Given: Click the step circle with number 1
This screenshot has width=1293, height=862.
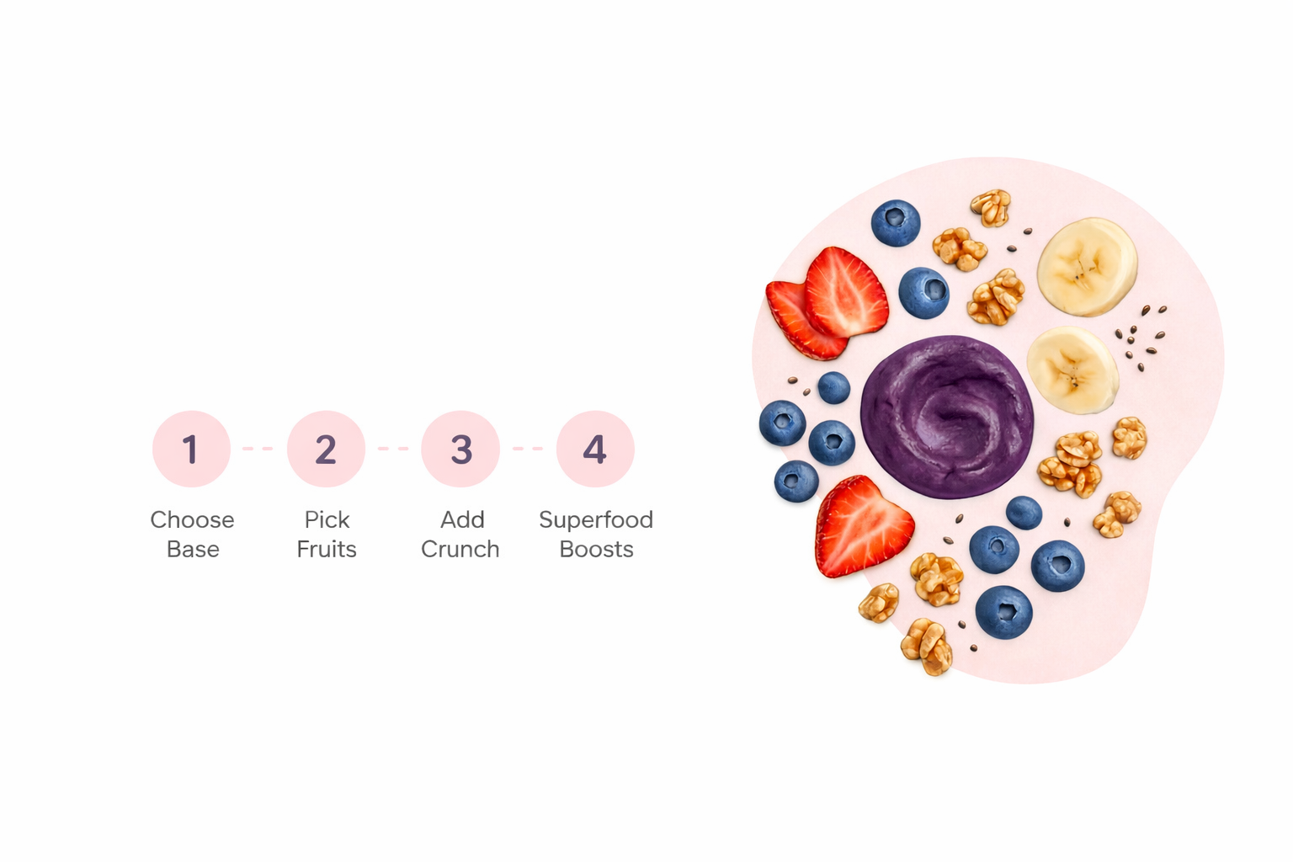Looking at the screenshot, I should tap(191, 449).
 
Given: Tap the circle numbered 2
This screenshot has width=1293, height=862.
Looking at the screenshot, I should tap(326, 449).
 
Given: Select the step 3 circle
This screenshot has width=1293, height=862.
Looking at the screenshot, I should tap(460, 449).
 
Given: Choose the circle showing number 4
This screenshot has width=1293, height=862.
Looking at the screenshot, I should tap(595, 449).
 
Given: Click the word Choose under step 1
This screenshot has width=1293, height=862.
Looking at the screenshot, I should tap(192, 519).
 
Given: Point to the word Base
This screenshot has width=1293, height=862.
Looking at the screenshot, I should tap(193, 549).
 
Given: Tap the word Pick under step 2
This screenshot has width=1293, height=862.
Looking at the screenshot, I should tap(327, 519).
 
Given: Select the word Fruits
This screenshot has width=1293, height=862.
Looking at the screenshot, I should tap(327, 549).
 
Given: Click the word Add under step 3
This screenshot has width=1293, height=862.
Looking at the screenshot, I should tap(462, 519).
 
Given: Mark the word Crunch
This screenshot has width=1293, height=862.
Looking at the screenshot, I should tap(460, 549).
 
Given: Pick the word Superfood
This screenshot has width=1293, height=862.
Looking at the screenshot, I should tap(596, 519).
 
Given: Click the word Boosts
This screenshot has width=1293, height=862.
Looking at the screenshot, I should tap(596, 549).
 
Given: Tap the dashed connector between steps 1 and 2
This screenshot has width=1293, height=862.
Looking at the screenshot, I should tap(258, 449).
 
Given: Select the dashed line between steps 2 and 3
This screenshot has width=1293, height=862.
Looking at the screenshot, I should tap(393, 449).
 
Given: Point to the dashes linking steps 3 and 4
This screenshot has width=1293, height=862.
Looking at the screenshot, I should tap(528, 449).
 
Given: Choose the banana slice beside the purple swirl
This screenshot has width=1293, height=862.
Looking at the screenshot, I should tap(1072, 370).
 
